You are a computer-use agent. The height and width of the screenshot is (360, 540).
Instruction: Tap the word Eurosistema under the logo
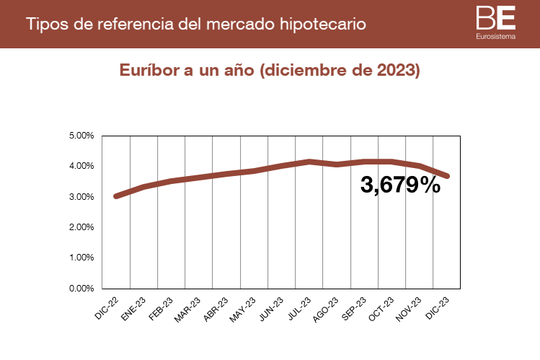coord(495,35)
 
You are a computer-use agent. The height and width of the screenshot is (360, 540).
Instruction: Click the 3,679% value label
coord(400,185)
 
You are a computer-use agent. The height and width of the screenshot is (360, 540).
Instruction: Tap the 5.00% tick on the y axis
coord(81,136)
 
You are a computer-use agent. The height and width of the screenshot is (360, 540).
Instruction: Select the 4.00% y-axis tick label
coord(81,166)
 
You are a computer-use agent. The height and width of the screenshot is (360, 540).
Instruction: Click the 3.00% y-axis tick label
coord(81,197)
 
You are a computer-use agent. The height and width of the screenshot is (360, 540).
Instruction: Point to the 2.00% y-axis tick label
coord(81,227)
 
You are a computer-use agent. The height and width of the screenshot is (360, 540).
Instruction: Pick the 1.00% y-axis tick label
coord(81,258)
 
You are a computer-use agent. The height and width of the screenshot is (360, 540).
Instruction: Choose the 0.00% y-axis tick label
coord(81,289)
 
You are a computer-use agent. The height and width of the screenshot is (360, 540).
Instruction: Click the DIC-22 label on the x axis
coord(107,306)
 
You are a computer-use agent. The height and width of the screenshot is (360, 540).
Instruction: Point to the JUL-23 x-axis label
coord(299,306)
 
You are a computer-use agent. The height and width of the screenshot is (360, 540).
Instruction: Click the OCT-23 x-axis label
coord(382,306)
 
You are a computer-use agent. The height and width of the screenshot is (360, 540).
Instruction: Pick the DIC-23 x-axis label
coord(438,306)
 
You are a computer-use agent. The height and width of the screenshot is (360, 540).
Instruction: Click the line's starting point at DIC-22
coord(116,196)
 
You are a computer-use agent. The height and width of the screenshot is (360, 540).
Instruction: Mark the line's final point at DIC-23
coord(447,176)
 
